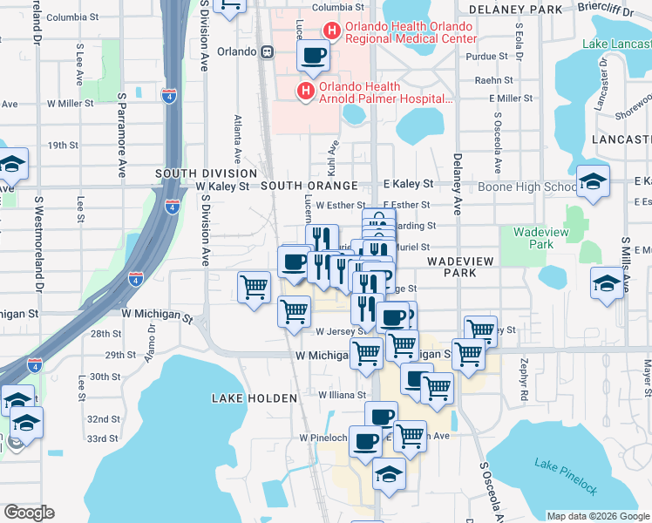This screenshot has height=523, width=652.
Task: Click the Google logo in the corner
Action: tap(29, 513)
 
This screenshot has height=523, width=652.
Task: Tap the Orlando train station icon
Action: tap(268, 51)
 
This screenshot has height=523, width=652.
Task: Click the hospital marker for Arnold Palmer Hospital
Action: tap(305, 91)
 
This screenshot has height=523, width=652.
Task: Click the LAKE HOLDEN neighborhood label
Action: tap(254, 397)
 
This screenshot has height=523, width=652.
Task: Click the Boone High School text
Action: tap(523, 187)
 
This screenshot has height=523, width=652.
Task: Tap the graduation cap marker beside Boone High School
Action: tap(593, 181)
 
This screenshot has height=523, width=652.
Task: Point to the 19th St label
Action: tap(64, 146)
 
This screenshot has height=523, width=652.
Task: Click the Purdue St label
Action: tap(480, 56)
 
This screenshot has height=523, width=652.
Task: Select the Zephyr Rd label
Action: tap(524, 380)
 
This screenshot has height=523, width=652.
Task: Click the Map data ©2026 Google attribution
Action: tap(598, 516)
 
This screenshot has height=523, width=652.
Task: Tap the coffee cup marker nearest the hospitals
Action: tap(313, 57)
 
